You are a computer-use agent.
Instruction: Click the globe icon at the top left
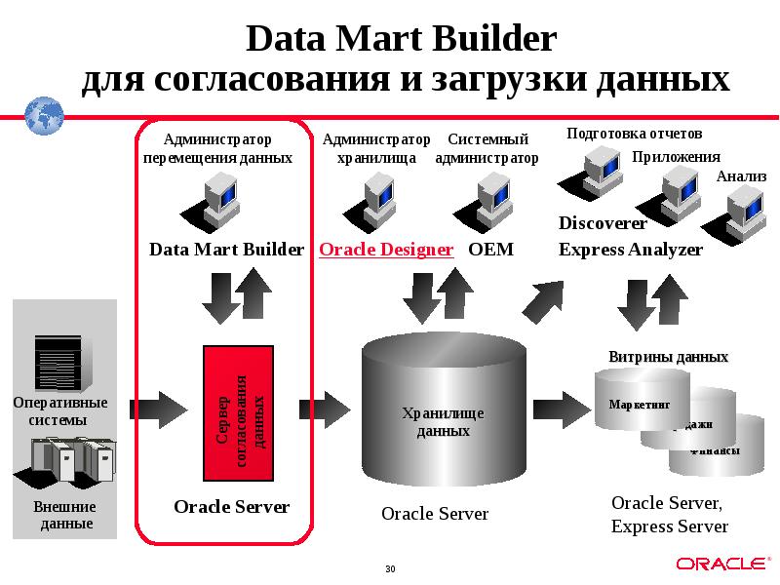pyautogui.click(x=43, y=115)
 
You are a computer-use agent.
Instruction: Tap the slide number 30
pyautogui.click(x=390, y=568)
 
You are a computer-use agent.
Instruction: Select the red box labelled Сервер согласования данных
pyautogui.click(x=241, y=413)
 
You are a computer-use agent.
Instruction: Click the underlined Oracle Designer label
pyautogui.click(x=386, y=250)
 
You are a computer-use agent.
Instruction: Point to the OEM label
pyautogui.click(x=490, y=250)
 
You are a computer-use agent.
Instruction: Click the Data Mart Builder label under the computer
pyautogui.click(x=226, y=250)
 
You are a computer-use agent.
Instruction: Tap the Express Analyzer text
pyautogui.click(x=630, y=250)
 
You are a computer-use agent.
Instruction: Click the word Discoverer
pyautogui.click(x=603, y=223)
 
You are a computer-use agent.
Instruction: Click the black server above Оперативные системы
pyautogui.click(x=57, y=362)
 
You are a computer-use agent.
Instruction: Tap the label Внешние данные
pyautogui.click(x=65, y=515)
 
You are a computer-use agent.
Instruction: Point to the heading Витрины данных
pyautogui.click(x=668, y=357)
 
